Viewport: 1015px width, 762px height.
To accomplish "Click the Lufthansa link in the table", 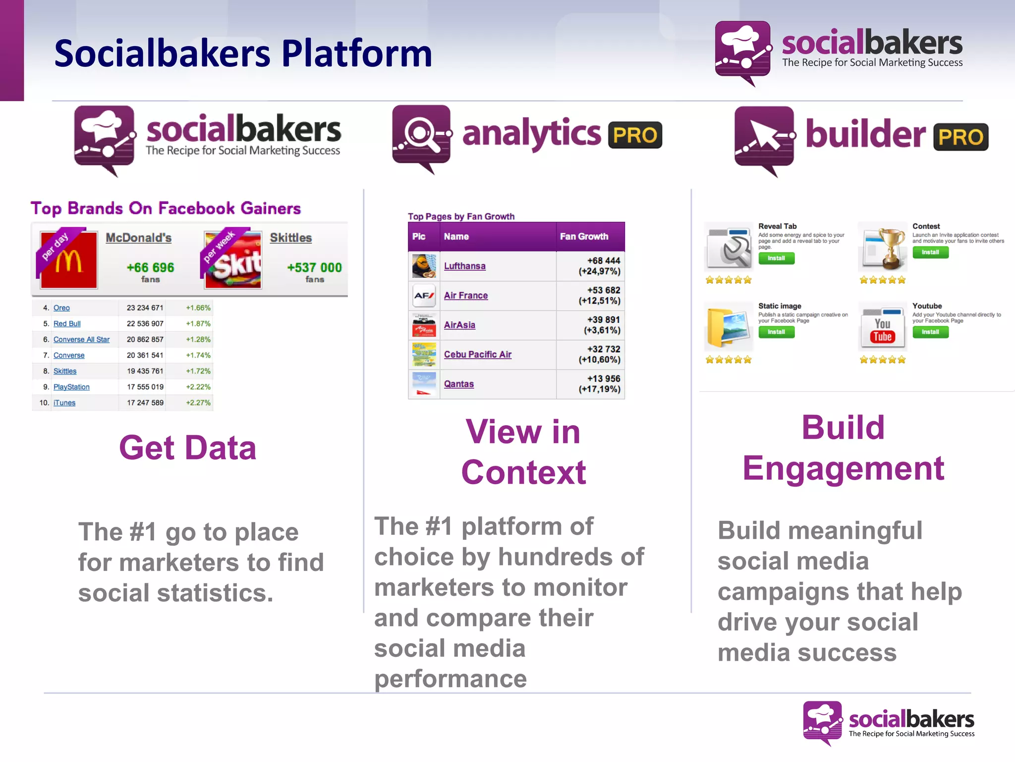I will point(464,266).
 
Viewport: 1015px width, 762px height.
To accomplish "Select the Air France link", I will point(465,296).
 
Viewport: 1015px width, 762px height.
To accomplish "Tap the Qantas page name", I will point(458,384).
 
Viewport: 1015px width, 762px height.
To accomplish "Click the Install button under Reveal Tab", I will point(776,258).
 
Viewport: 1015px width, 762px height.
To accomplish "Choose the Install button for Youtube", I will point(930,332).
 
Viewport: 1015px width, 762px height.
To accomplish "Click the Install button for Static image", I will point(776,332).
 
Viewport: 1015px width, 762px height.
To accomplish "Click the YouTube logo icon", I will point(882,330).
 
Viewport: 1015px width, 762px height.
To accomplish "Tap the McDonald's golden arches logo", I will point(68,261).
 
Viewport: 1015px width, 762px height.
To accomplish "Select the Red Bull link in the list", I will point(67,323).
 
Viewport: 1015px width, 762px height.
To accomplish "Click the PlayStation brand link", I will point(71,387).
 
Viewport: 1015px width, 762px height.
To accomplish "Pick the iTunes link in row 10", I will point(64,403).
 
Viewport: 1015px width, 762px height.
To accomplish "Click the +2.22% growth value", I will point(198,387).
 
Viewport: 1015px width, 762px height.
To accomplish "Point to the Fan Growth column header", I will point(584,237).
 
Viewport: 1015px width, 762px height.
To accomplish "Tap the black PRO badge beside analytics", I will point(635,135).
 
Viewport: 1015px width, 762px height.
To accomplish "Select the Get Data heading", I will point(188,448).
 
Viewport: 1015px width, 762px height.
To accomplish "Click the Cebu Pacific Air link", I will point(477,355).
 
